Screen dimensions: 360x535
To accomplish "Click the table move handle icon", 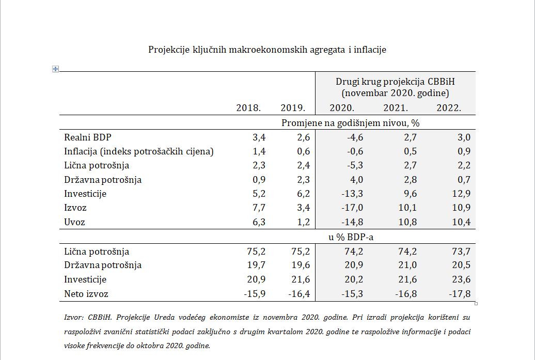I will pos(56,69).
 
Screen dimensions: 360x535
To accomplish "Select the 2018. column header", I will pos(248,108).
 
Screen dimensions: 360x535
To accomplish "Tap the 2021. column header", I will pos(396,108).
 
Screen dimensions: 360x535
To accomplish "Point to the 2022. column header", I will pos(448,108).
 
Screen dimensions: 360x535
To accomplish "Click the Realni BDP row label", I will pos(87,137).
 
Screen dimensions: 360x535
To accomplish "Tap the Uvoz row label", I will pos(74,222).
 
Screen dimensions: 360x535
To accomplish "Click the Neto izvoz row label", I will pos(86,294).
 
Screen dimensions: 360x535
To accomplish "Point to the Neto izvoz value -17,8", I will pos(460,294).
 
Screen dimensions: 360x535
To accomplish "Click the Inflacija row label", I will pos(138,151).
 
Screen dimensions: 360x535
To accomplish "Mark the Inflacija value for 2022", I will pos(464,151).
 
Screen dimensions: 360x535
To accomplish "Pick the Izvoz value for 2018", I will pos(258,208).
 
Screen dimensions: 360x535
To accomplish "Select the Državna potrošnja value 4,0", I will pos(356,180).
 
